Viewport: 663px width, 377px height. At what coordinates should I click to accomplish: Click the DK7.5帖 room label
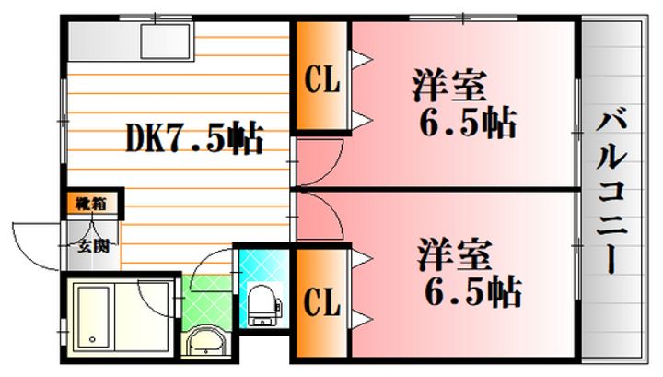[194, 139]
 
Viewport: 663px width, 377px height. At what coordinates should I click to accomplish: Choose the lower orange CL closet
[320, 301]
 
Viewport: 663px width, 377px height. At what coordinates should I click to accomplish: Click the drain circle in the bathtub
[93, 341]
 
